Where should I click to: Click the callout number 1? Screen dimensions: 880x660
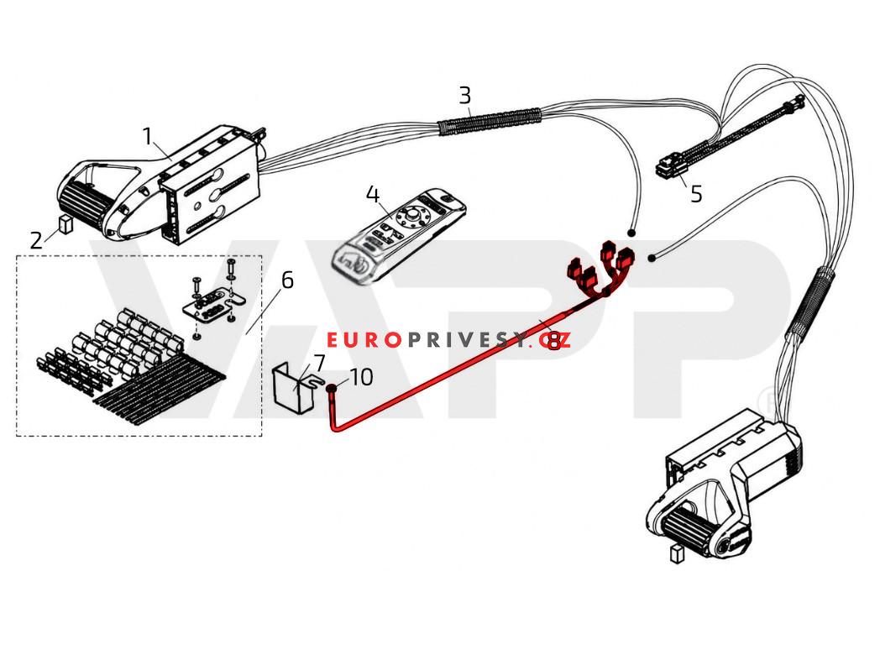[147, 136]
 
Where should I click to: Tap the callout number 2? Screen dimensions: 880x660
[36, 241]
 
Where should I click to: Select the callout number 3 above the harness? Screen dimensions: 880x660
[464, 96]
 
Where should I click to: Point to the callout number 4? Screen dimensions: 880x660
[373, 195]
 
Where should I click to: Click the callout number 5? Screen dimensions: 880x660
[696, 194]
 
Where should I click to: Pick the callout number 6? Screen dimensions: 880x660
[287, 280]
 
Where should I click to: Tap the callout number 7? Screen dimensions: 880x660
[319, 363]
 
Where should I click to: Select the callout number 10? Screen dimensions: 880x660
[362, 377]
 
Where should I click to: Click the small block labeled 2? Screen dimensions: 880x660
[65, 224]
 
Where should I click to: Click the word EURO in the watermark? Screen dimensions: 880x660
[364, 340]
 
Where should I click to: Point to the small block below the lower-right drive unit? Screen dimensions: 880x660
[677, 554]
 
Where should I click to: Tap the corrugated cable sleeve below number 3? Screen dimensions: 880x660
[490, 122]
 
